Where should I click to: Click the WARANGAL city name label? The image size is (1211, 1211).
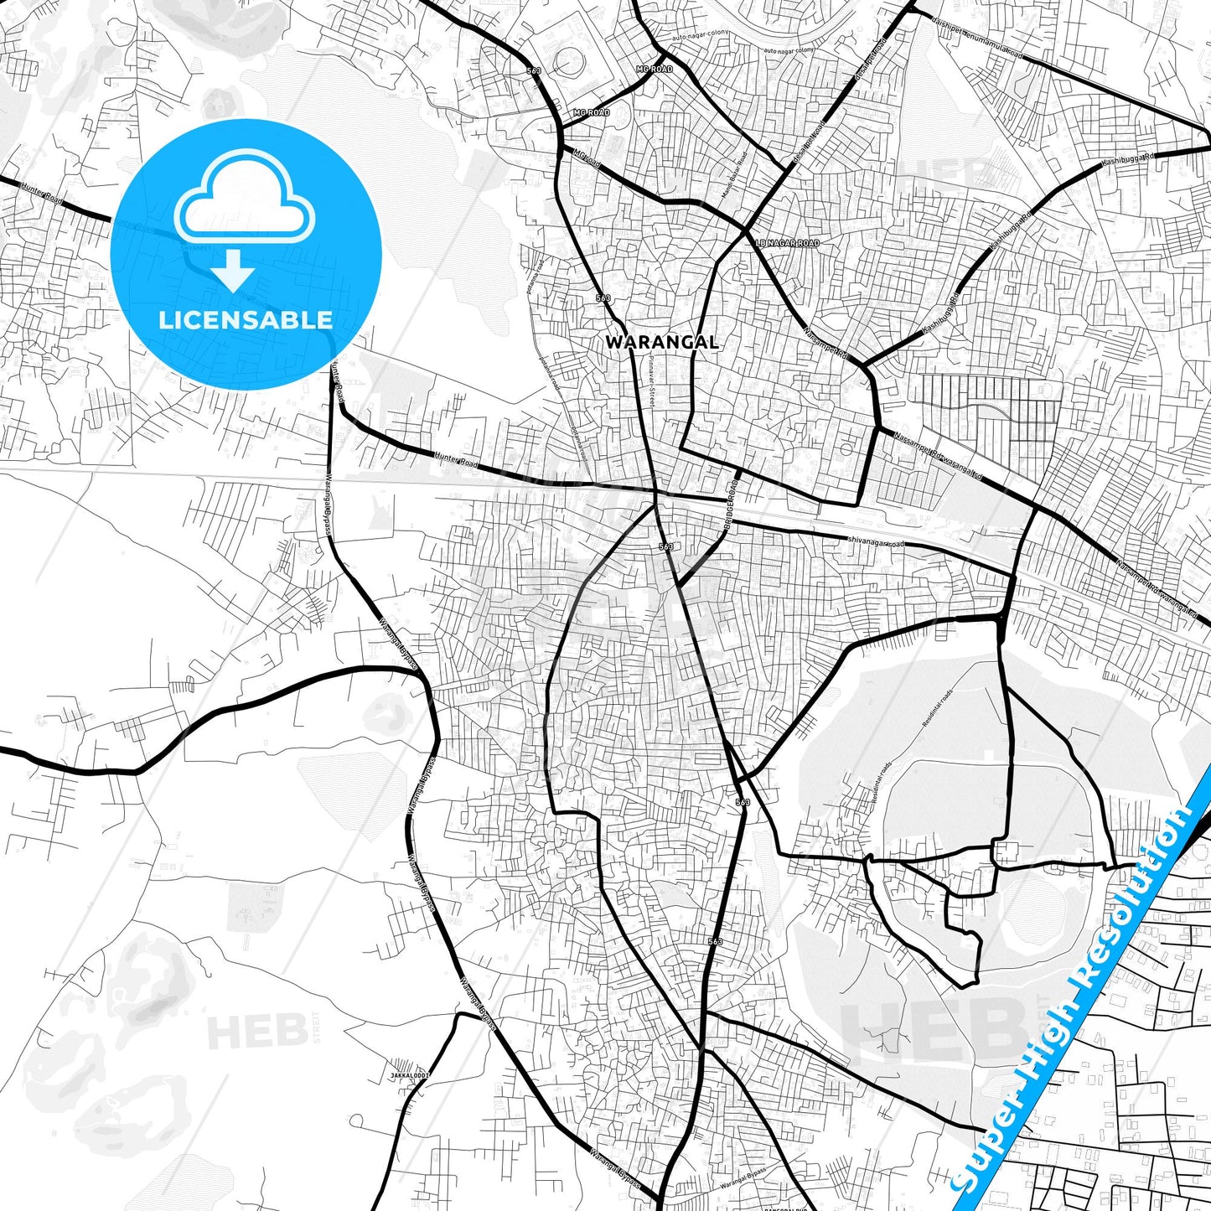click(x=661, y=342)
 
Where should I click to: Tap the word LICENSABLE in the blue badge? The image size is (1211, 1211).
click(x=246, y=319)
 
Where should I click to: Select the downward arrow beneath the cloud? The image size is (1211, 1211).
click(x=233, y=271)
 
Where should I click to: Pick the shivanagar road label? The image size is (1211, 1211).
click(x=876, y=543)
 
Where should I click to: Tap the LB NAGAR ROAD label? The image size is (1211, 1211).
click(x=787, y=243)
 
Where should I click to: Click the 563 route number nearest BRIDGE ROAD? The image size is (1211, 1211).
click(x=666, y=546)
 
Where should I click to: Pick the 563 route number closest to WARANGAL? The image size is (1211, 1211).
click(x=603, y=298)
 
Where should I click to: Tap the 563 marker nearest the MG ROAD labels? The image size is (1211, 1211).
click(x=535, y=71)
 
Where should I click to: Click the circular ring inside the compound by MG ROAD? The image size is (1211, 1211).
click(x=572, y=60)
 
